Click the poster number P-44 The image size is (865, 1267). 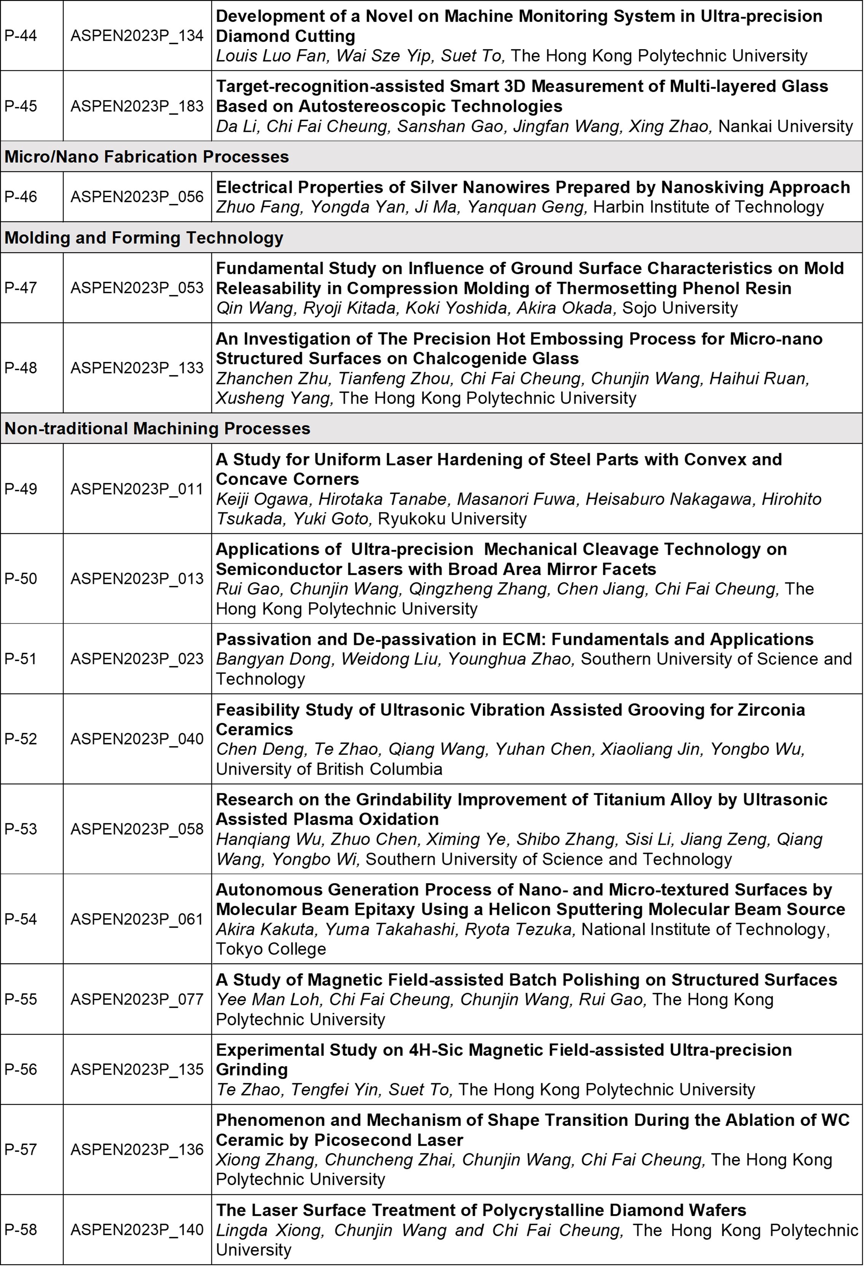pos(21,36)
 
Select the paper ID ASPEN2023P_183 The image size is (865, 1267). pos(137,106)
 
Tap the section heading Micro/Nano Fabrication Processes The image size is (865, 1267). pos(146,157)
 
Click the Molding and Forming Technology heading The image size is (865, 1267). pos(144,238)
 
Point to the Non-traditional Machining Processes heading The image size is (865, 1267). pos(157,428)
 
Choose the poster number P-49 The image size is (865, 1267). pos(21,489)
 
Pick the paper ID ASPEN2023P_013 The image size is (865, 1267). pos(137,579)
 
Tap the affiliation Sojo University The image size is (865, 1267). pos(680,308)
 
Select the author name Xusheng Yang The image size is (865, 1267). pos(274,398)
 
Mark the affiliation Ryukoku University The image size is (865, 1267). pos(452,519)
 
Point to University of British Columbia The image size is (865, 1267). pos(329,769)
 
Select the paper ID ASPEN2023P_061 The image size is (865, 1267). pos(137,919)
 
